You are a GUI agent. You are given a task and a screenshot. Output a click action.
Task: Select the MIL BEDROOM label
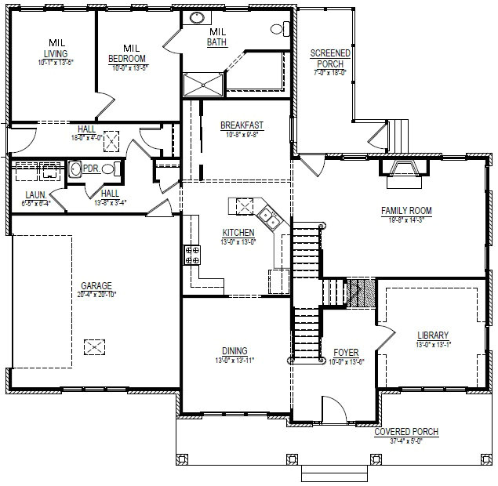[128, 53]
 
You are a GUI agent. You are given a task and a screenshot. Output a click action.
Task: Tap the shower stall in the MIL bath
[202, 85]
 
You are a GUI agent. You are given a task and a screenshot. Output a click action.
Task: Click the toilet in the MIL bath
[278, 29]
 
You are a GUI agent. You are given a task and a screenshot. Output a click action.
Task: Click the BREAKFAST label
[241, 125]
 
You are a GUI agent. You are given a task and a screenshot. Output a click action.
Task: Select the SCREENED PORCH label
[329, 58]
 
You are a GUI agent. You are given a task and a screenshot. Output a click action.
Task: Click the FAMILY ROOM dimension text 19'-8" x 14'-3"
[406, 220]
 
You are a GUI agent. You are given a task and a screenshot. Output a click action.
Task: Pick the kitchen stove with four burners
[191, 254]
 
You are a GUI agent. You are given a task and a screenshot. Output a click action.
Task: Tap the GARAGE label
[96, 285]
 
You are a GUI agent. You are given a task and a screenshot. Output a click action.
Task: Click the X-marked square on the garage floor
[94, 346]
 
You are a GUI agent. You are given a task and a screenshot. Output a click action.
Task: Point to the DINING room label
[234, 350]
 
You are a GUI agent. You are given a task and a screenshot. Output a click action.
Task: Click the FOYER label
[346, 352]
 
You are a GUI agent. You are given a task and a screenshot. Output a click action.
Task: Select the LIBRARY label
[432, 335]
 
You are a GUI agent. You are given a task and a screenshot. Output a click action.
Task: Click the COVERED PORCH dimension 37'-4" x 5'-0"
[405, 441]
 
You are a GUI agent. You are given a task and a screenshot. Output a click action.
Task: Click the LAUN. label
[34, 194]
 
